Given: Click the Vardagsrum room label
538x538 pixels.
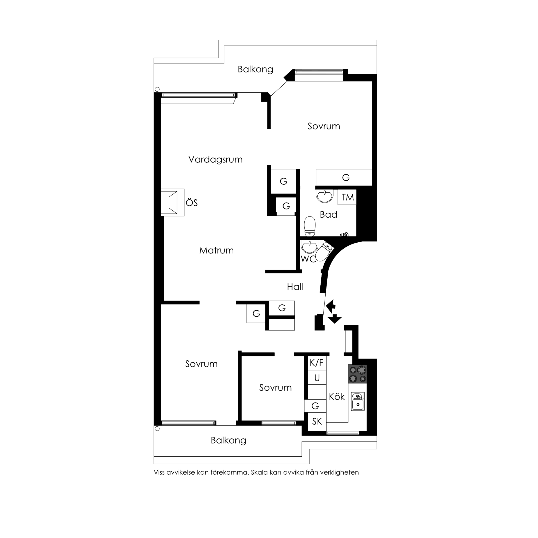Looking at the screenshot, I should pos(215,160).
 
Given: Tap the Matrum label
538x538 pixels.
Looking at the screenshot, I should pos(216,250).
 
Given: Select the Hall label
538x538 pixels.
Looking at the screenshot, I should pos(295,287).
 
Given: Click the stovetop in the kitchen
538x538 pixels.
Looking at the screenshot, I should pos(357,374).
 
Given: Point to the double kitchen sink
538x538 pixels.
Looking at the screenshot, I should pos(358,401).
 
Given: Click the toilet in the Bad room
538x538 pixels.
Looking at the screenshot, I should pos(310,226).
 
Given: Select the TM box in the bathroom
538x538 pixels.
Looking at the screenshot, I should pos(347,197).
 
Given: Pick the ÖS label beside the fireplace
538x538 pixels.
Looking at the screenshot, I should pos(192,203).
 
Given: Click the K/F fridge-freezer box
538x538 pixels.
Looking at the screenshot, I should pos(317,363).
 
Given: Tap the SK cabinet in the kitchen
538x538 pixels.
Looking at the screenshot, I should pos(317,422).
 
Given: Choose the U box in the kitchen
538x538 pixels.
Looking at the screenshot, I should pos(317,378).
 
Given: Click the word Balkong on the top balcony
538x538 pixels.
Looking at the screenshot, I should pos(255,69).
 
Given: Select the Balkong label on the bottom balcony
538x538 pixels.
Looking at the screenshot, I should pos(228,440).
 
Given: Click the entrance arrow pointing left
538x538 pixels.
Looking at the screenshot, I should pos(331,306).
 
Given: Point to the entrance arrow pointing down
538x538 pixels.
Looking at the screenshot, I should pos(334,319).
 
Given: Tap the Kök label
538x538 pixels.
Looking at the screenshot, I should pos(337,397).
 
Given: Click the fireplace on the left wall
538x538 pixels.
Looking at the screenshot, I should pos(169,202).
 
